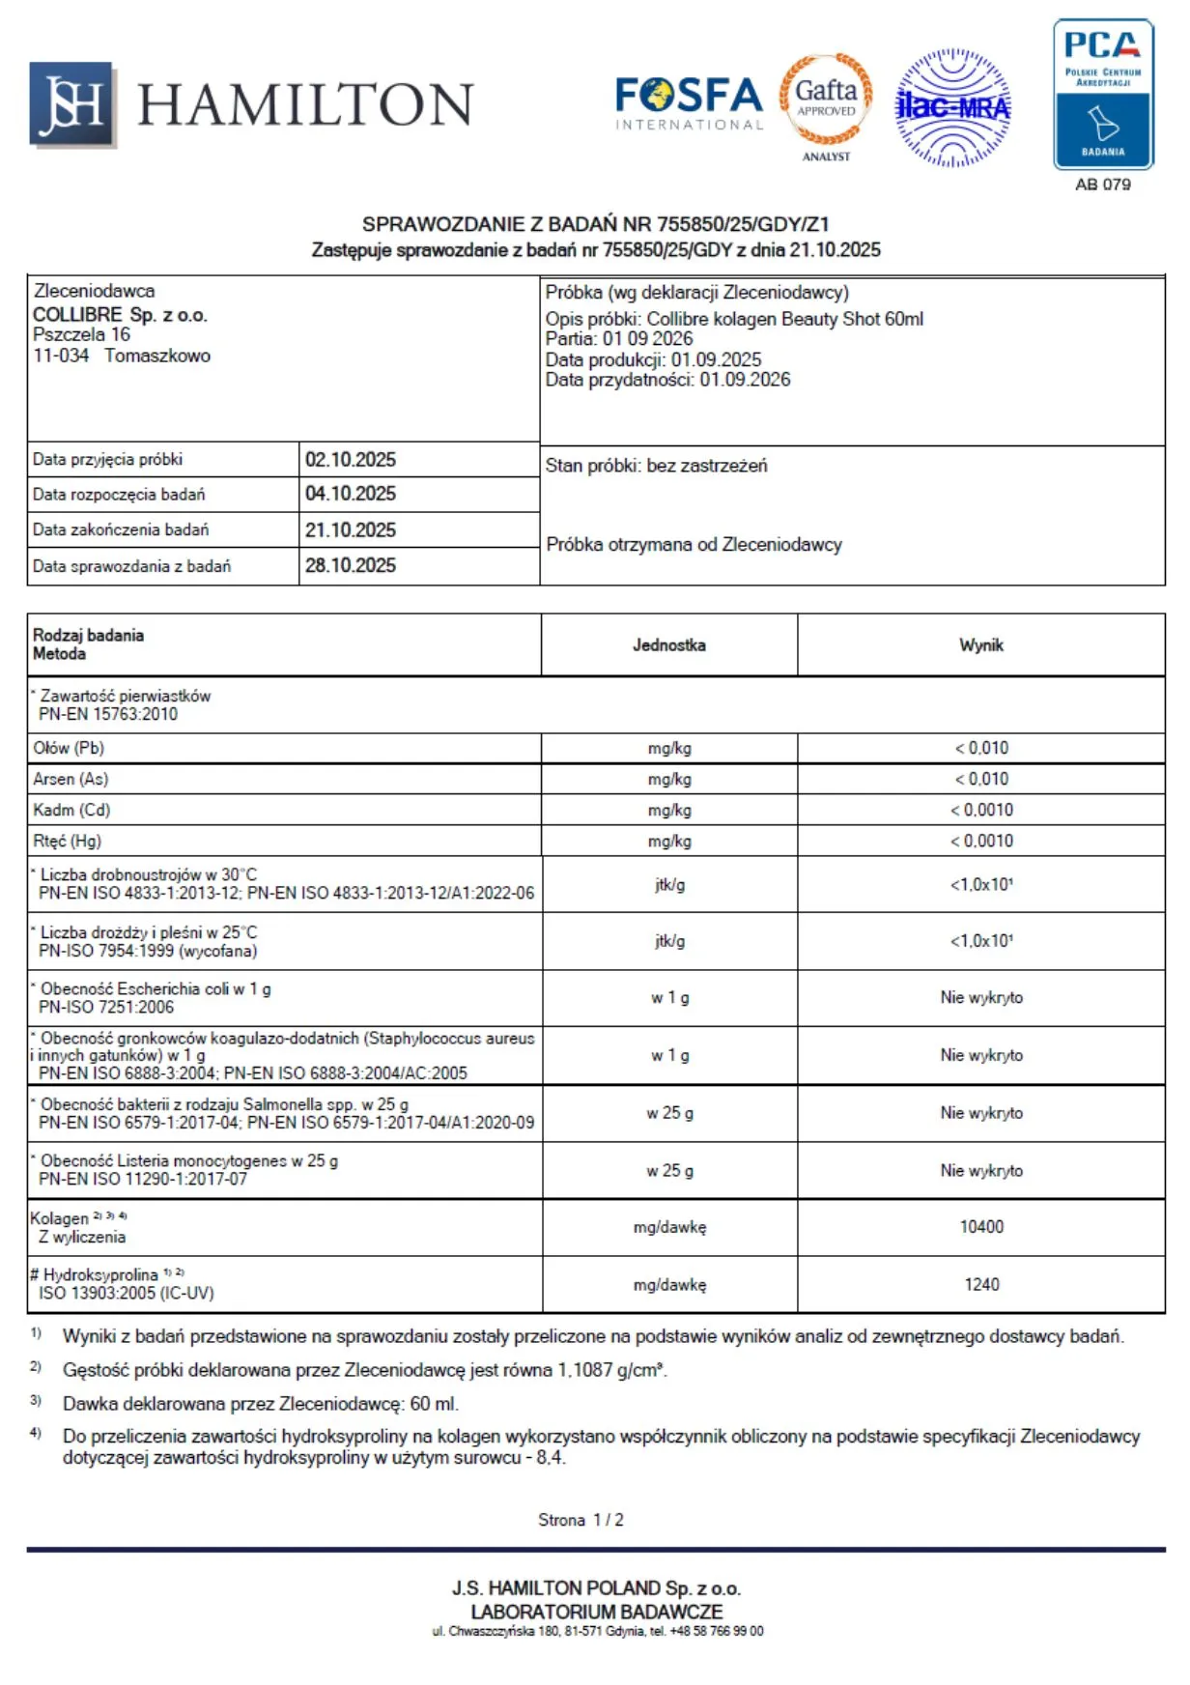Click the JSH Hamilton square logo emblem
coord(72,104)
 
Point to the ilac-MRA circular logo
coord(953,107)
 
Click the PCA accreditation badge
coord(1103,95)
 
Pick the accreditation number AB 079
coord(1103,185)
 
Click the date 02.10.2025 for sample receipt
coord(351,460)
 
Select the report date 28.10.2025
coord(351,566)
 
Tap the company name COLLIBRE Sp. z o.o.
coord(120,315)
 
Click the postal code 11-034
coord(61,356)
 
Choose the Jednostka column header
coord(668,645)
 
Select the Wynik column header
coord(980,645)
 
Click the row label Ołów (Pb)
coord(69,748)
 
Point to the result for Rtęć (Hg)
coord(981,841)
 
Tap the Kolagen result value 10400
coord(981,1227)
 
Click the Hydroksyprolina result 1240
coord(981,1285)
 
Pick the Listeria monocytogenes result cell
coord(981,1171)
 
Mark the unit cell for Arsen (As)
coord(669,779)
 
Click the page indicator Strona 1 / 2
coord(581,1520)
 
